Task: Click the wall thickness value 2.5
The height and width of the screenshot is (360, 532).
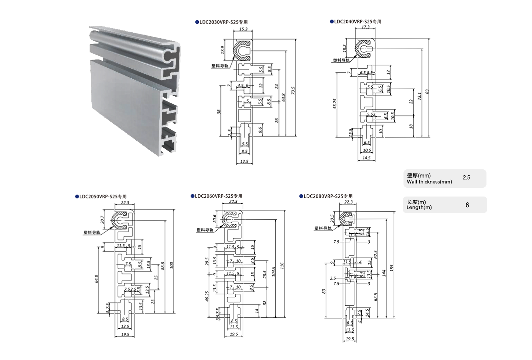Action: click(x=466, y=178)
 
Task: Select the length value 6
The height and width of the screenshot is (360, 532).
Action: click(x=467, y=205)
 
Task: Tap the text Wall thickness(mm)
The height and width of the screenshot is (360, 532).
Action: click(x=429, y=182)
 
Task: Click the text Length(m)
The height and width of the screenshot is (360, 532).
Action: click(x=419, y=208)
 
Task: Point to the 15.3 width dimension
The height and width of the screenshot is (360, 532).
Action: click(x=243, y=29)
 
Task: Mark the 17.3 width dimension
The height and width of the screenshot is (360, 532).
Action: click(x=365, y=27)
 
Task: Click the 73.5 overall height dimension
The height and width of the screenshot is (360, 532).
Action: click(x=293, y=90)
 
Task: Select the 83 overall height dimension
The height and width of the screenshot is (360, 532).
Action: click(x=427, y=91)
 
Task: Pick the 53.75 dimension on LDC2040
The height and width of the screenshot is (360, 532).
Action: click(x=334, y=104)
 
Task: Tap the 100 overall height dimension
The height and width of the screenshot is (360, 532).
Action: click(x=171, y=265)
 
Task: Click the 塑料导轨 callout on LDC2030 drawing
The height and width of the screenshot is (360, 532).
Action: click(x=220, y=66)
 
